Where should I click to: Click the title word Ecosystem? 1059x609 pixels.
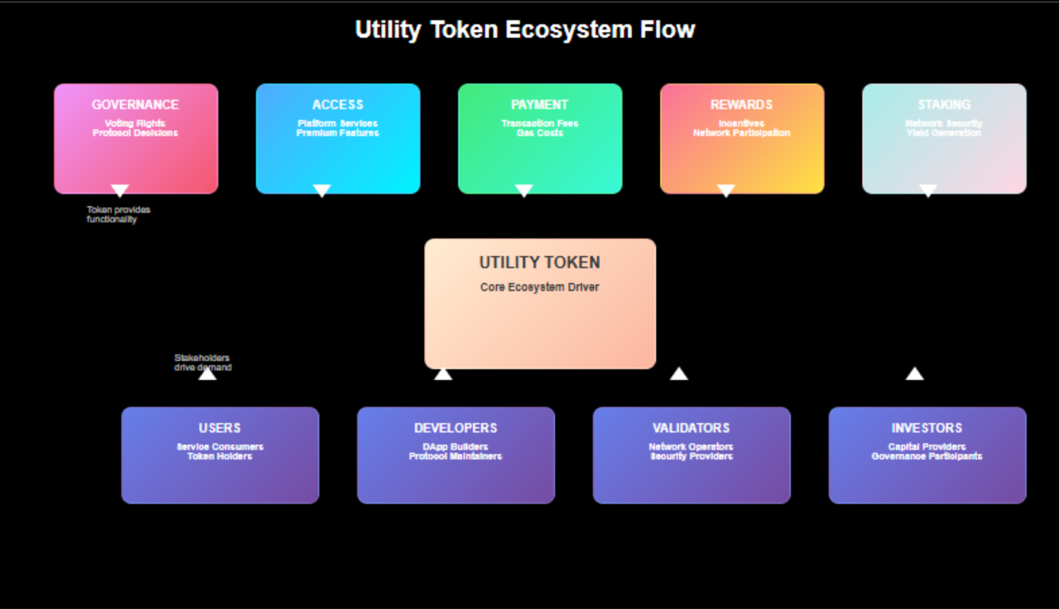569,30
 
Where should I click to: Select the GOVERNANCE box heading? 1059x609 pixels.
135,105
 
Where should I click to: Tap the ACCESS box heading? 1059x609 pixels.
338,105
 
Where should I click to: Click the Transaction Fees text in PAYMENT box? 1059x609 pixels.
540,123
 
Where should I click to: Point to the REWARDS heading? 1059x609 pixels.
741,105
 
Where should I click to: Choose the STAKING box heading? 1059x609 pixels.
944,105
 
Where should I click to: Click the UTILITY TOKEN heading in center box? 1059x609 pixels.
540,263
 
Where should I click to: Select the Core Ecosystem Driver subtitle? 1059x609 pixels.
540,287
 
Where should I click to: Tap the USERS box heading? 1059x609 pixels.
220,428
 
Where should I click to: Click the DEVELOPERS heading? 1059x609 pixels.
455,428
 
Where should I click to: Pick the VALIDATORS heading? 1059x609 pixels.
691,428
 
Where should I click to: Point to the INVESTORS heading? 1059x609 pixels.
927,428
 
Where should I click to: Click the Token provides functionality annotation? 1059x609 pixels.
118,214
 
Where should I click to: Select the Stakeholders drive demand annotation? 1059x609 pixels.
202,362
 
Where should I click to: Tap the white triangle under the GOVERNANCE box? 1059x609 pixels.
120,190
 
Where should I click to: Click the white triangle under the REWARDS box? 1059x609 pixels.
726,190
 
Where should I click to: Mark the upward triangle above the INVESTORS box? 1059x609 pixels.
914,374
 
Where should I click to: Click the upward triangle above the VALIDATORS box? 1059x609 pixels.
679,374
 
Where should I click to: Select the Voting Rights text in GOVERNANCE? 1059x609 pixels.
135,123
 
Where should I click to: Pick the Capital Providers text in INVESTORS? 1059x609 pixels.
927,447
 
